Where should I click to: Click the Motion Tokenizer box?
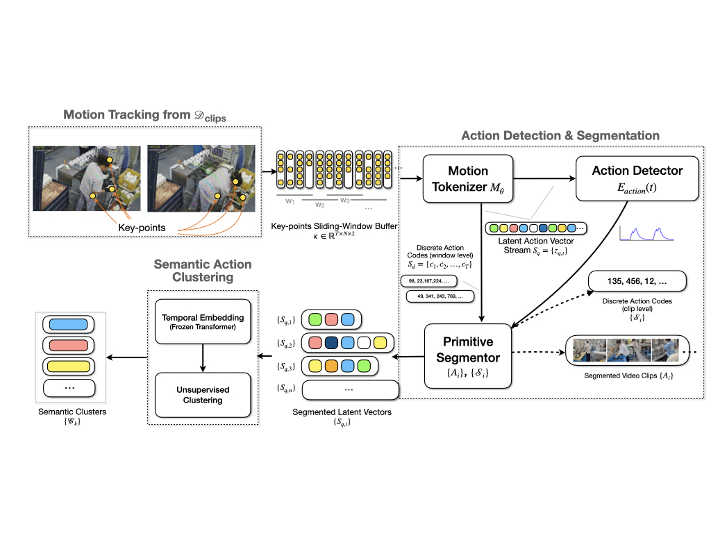468,178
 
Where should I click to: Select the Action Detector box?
637,178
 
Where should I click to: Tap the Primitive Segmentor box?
468,356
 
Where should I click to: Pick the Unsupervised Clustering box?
202,394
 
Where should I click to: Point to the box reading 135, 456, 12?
637,281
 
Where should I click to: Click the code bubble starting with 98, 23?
436,280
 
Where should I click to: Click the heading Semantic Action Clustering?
202,271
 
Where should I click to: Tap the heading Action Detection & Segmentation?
560,135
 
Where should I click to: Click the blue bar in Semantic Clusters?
69,324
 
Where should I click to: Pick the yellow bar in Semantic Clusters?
69,366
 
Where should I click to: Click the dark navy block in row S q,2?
332,342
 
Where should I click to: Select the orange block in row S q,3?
332,365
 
